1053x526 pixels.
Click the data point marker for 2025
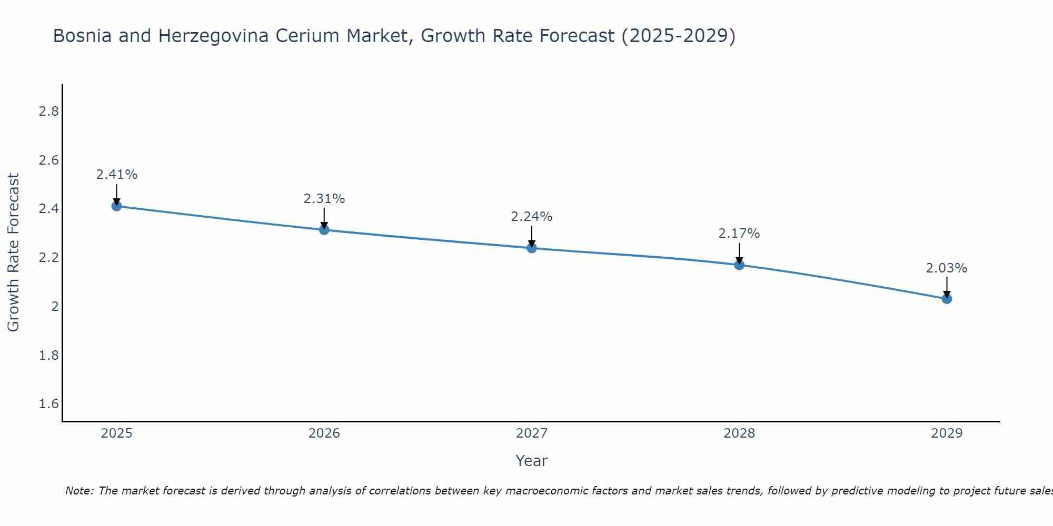point(117,206)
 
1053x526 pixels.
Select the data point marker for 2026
point(324,230)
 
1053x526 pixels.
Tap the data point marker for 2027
point(532,248)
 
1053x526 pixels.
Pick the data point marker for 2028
point(739,265)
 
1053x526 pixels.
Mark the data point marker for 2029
point(947,299)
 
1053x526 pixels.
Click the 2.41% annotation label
point(117,175)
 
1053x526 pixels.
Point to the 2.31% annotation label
point(324,199)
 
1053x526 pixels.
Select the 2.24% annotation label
point(532,217)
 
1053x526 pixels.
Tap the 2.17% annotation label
point(739,234)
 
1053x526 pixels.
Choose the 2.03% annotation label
point(947,268)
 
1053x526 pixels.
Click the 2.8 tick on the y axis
point(48,112)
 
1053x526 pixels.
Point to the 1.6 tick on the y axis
point(48,404)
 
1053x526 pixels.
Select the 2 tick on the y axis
point(55,307)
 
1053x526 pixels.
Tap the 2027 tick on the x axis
point(532,433)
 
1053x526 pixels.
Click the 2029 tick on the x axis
point(947,433)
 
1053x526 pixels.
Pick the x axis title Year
point(532,461)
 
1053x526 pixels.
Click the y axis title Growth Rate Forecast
point(14,252)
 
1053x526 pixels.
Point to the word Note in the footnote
point(79,491)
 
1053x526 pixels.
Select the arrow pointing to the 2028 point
point(739,253)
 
